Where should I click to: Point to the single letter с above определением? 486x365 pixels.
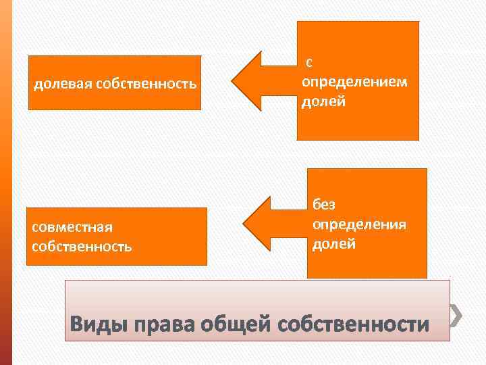coord(308,63)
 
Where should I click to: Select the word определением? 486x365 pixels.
coord(354,82)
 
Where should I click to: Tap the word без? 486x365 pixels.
coord(323,205)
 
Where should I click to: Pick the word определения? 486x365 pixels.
coord(358,224)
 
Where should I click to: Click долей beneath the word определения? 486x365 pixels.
coord(333,243)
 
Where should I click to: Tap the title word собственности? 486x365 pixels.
coord(353,324)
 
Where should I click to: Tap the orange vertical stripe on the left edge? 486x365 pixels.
coord(6,182)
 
